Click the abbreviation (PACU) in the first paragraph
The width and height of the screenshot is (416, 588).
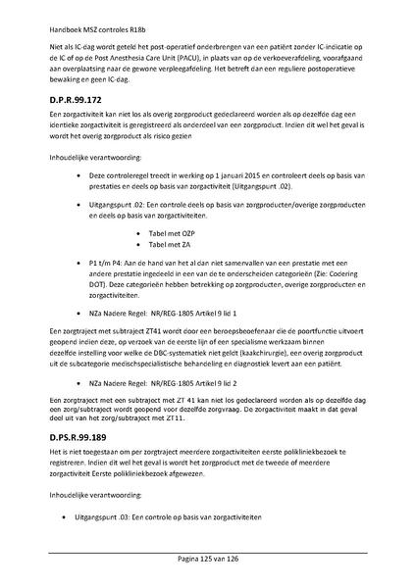pyautogui.click(x=179, y=58)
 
